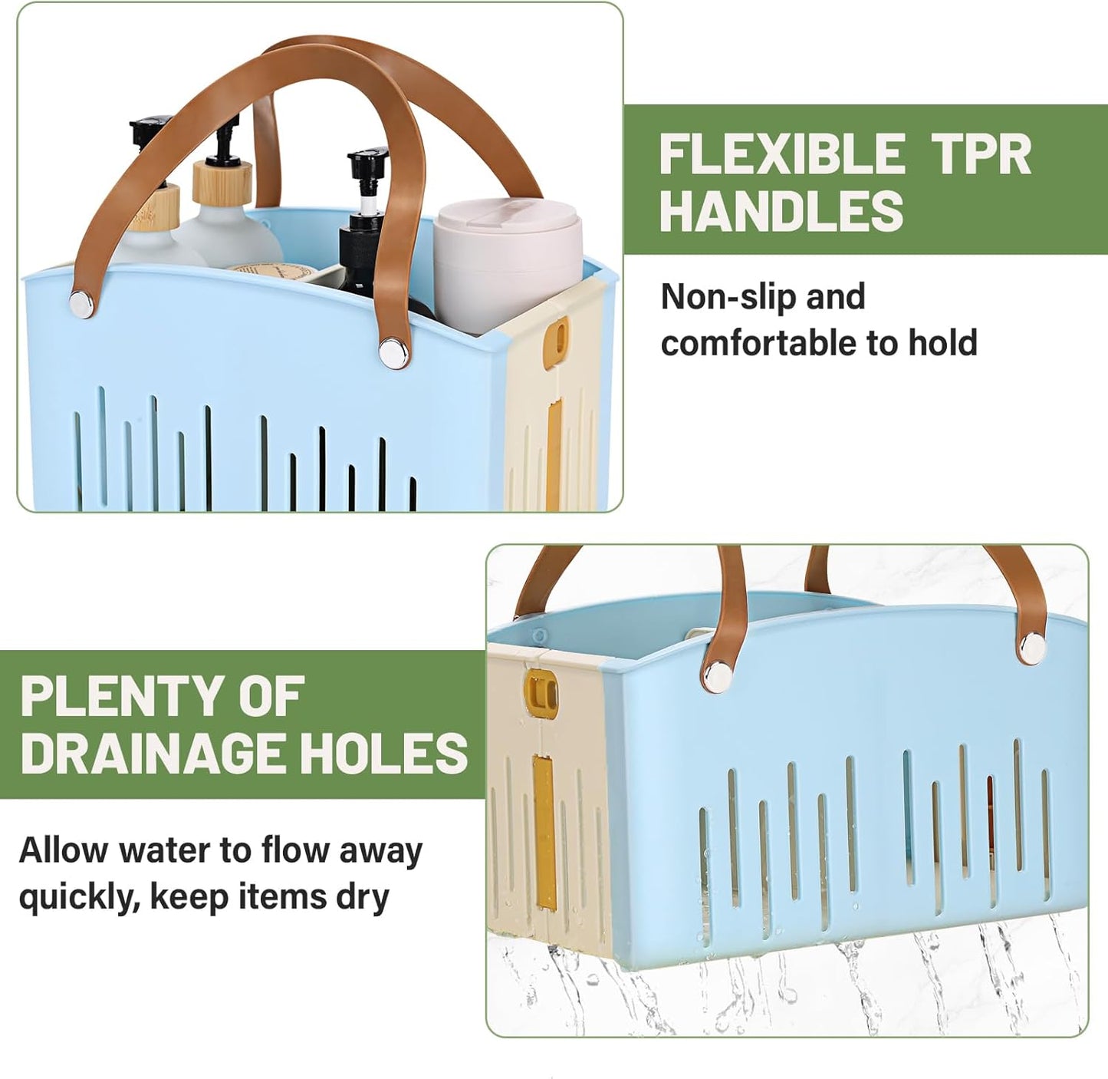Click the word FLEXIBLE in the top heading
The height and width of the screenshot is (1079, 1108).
point(781,154)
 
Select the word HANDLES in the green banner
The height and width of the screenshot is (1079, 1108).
point(781,210)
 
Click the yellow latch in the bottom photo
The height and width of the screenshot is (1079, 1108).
point(540,688)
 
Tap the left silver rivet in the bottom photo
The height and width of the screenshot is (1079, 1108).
point(719,674)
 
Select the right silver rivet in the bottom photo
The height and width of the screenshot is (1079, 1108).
point(1032,646)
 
